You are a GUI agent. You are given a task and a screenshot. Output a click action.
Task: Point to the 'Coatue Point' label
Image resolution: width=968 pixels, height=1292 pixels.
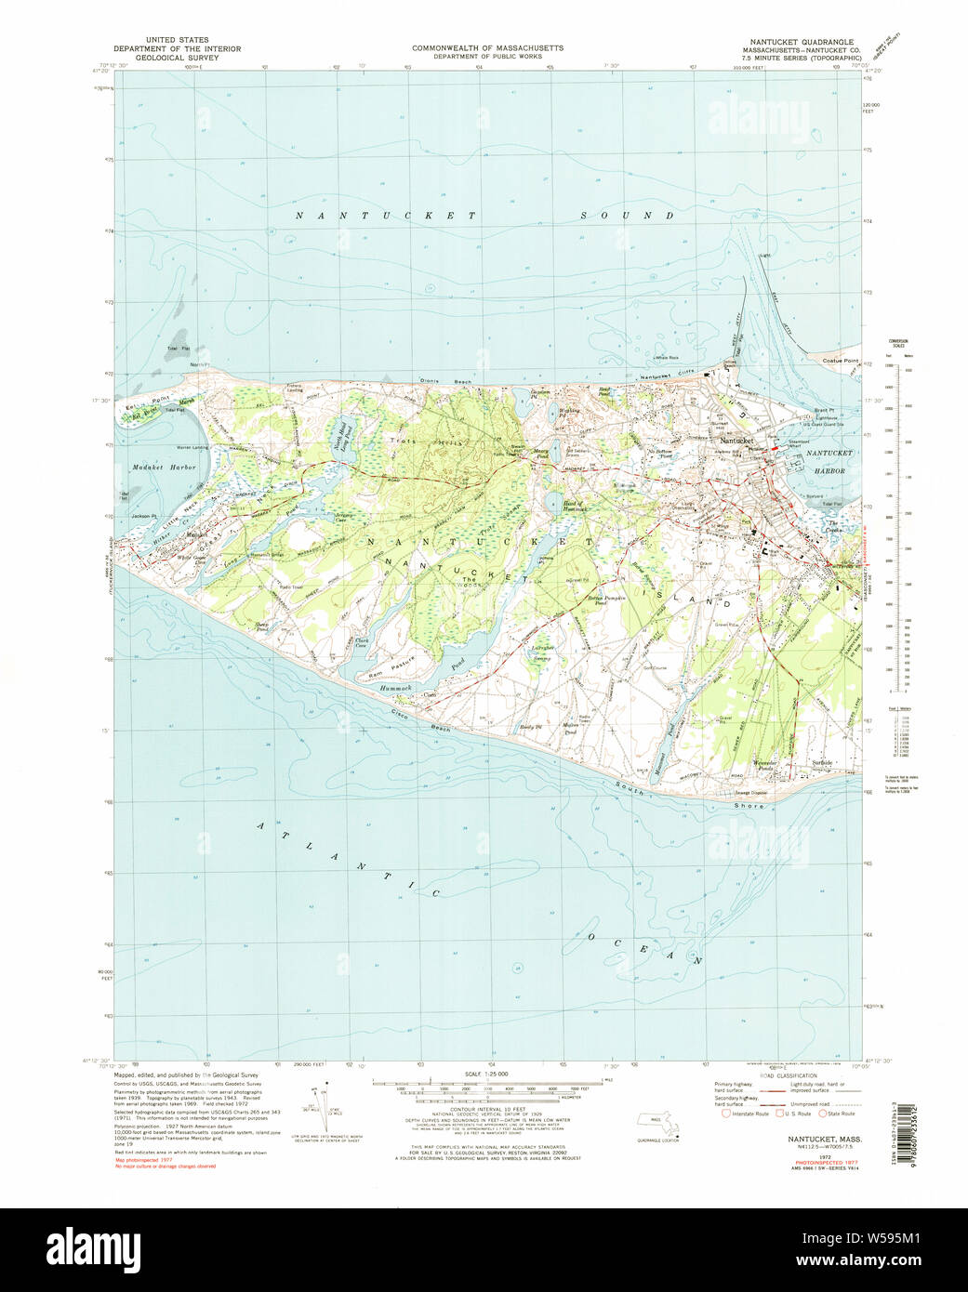click(x=838, y=360)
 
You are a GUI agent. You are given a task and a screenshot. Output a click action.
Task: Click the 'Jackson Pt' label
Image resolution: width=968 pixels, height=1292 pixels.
click(x=142, y=516)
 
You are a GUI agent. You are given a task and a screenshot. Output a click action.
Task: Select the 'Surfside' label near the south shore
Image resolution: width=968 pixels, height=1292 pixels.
click(x=821, y=762)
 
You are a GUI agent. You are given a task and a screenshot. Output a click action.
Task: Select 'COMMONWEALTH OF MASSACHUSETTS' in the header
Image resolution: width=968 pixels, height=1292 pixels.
click(x=487, y=47)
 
